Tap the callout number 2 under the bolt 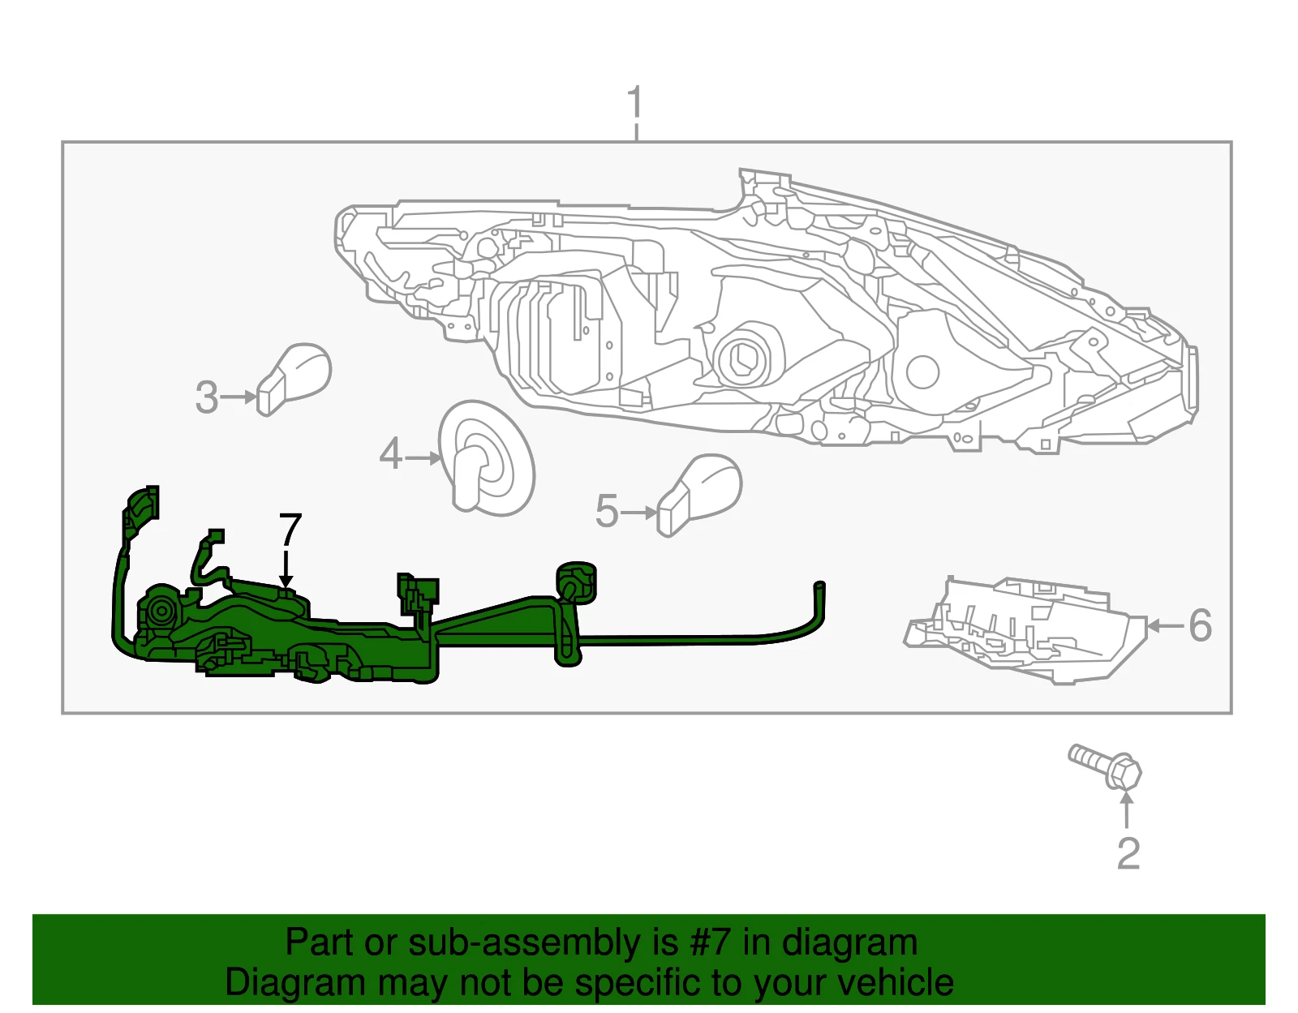[1128, 853]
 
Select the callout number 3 [207, 397]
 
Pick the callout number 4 [391, 453]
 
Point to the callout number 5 [607, 512]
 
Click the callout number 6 [1201, 625]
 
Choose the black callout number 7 [290, 530]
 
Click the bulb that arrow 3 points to [294, 379]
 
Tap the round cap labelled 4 [486, 458]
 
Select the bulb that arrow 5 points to [698, 495]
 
